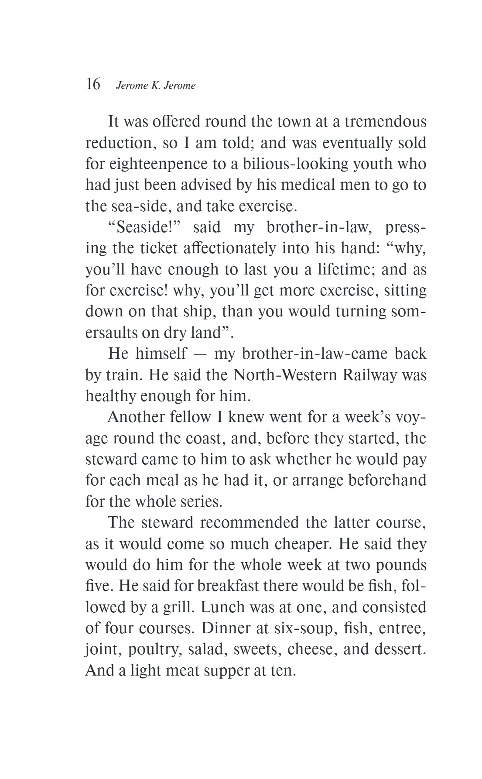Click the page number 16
point(93,84)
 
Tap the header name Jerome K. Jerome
point(156,86)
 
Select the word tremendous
point(385,121)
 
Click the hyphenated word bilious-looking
point(260,164)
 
